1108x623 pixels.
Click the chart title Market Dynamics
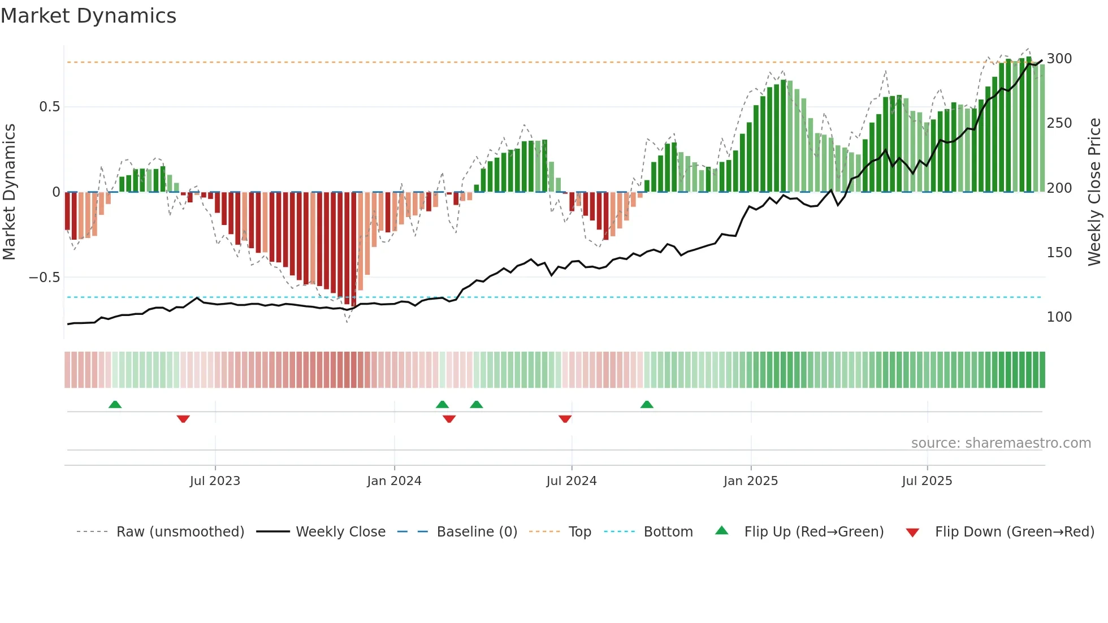pos(88,16)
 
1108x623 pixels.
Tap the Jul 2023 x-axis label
pos(215,481)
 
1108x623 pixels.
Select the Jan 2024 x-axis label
pos(394,481)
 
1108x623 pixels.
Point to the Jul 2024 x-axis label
pos(571,481)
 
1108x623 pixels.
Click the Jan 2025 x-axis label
pos(750,481)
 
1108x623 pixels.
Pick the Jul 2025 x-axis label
pos(927,481)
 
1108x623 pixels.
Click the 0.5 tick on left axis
pos(49,107)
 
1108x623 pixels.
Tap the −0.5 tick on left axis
pos(44,278)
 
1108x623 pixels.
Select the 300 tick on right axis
pos(1059,59)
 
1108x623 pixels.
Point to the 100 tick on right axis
pos(1059,317)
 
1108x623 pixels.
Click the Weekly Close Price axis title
pos(1094,192)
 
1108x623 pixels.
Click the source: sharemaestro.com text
pos(1001,443)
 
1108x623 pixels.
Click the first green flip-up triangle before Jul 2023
pos(115,404)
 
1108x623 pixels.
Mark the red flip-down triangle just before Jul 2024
pos(565,419)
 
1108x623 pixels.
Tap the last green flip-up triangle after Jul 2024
pos(647,404)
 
